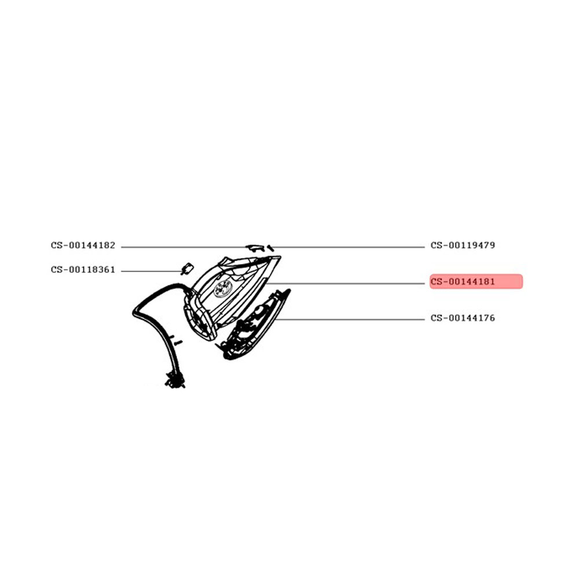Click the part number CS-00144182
tap(83, 245)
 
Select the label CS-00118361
tap(83, 270)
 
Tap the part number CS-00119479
tap(463, 245)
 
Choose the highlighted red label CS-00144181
tap(476, 281)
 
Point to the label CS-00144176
tap(463, 318)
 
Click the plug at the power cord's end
tap(175, 380)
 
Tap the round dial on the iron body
tap(223, 288)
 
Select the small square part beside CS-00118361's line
tap(188, 269)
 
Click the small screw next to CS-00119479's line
tap(270, 248)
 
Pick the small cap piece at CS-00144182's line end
tap(254, 247)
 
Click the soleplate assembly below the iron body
tap(255, 325)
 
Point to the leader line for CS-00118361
tap(152, 271)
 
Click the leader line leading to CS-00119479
tap(349, 247)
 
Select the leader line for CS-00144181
tap(345, 284)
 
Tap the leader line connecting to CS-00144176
tap(350, 320)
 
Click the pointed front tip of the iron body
tap(279, 258)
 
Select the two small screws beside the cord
tap(175, 340)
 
